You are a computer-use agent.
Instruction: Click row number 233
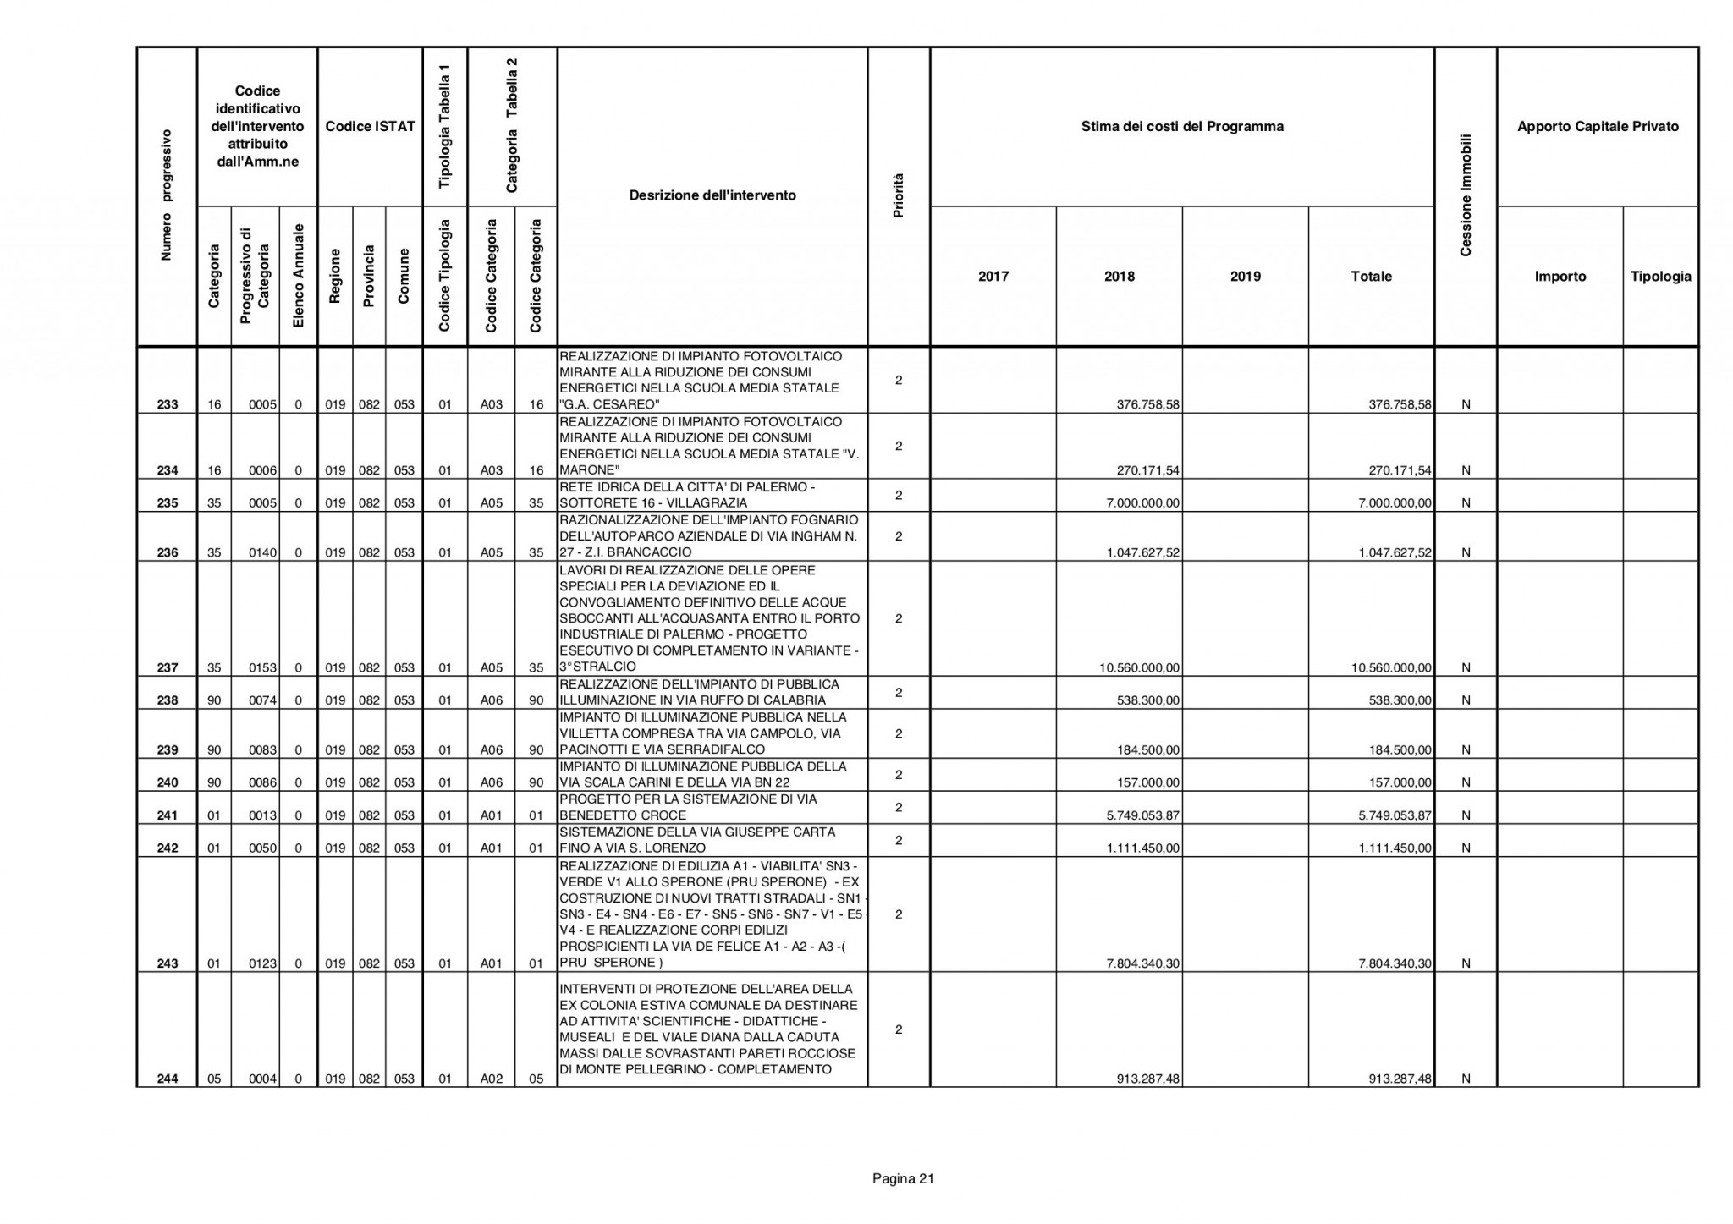point(168,404)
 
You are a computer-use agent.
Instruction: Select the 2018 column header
point(1119,277)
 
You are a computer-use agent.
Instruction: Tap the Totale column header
point(1371,277)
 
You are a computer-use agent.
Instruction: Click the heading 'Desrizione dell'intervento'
point(712,195)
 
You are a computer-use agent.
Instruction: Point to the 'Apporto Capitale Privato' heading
point(1598,127)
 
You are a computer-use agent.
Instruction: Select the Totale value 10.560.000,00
point(1391,668)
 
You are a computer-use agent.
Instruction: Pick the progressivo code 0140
point(263,553)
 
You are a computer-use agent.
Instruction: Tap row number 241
point(168,815)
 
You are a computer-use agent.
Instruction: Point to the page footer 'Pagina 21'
point(903,1178)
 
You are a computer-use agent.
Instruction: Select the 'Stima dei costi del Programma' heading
point(1182,127)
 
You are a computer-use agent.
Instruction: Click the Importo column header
point(1560,277)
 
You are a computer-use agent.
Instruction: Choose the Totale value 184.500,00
point(1400,749)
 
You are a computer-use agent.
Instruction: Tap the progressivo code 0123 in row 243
point(263,963)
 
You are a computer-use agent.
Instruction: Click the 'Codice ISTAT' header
point(370,127)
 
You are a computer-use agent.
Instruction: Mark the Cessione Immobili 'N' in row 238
point(1466,700)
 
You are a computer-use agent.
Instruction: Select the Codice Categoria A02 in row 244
point(492,1079)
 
